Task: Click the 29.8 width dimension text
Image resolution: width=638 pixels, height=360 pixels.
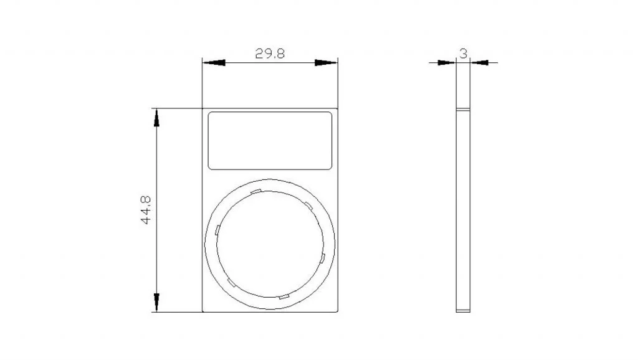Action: click(270, 54)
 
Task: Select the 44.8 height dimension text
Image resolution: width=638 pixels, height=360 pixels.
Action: click(146, 210)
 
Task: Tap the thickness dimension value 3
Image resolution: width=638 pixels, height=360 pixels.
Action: click(464, 54)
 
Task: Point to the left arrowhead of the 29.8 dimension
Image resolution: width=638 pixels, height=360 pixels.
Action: click(214, 63)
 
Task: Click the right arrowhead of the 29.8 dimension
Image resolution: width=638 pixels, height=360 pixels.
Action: click(326, 63)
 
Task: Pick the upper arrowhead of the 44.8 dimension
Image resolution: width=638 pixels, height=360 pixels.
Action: click(156, 118)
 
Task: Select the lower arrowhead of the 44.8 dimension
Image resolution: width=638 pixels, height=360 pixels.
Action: click(156, 303)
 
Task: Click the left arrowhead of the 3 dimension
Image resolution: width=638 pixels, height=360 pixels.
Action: click(447, 63)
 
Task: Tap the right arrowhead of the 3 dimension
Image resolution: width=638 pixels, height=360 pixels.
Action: click(479, 63)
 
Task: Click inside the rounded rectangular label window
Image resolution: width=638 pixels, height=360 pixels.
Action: click(270, 141)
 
